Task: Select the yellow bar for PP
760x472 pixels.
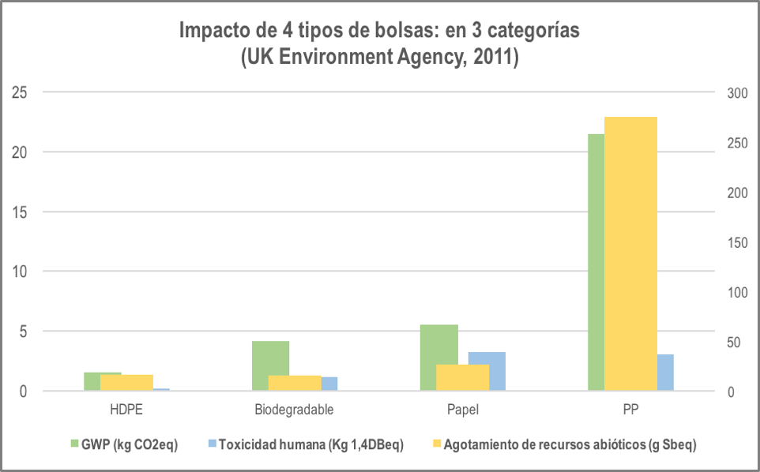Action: [630, 253]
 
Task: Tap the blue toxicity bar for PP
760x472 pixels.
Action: [665, 373]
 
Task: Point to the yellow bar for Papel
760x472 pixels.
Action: [463, 377]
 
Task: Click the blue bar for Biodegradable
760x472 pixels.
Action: [329, 384]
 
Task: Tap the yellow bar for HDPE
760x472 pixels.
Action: [126, 383]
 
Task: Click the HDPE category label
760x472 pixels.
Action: [126, 410]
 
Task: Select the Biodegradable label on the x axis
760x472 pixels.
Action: [294, 410]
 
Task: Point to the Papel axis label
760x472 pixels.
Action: [462, 410]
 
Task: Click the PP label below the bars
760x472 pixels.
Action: [630, 410]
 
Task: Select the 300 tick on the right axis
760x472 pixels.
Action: [736, 92]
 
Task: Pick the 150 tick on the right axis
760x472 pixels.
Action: [736, 242]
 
